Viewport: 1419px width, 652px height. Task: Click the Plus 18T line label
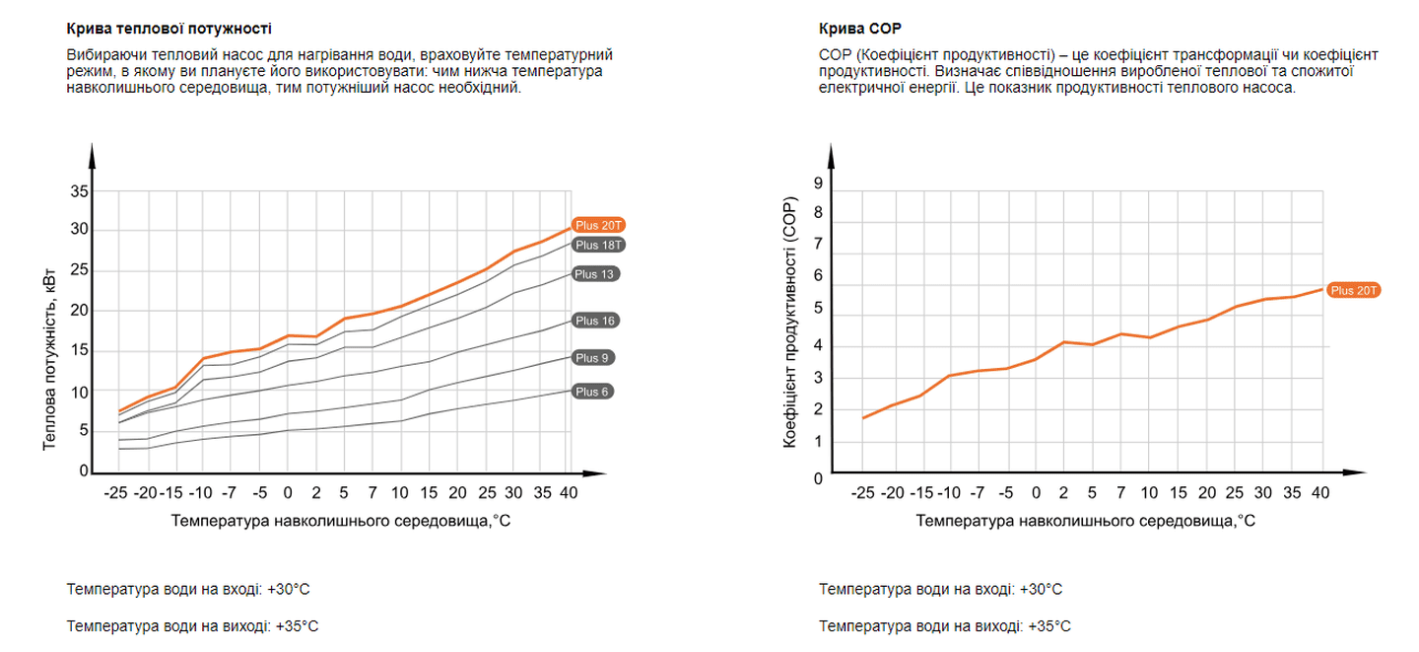tap(599, 245)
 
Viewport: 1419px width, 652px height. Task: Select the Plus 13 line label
tap(595, 273)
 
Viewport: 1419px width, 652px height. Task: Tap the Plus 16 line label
tap(595, 321)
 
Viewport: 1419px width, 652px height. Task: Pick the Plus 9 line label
tap(592, 357)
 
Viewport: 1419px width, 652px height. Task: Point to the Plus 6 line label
tap(592, 392)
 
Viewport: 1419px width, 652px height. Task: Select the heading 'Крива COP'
tap(859, 28)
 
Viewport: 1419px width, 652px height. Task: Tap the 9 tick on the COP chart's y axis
tap(817, 182)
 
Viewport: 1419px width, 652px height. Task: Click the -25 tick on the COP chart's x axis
tap(862, 492)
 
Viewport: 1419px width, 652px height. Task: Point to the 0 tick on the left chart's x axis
tap(288, 491)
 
